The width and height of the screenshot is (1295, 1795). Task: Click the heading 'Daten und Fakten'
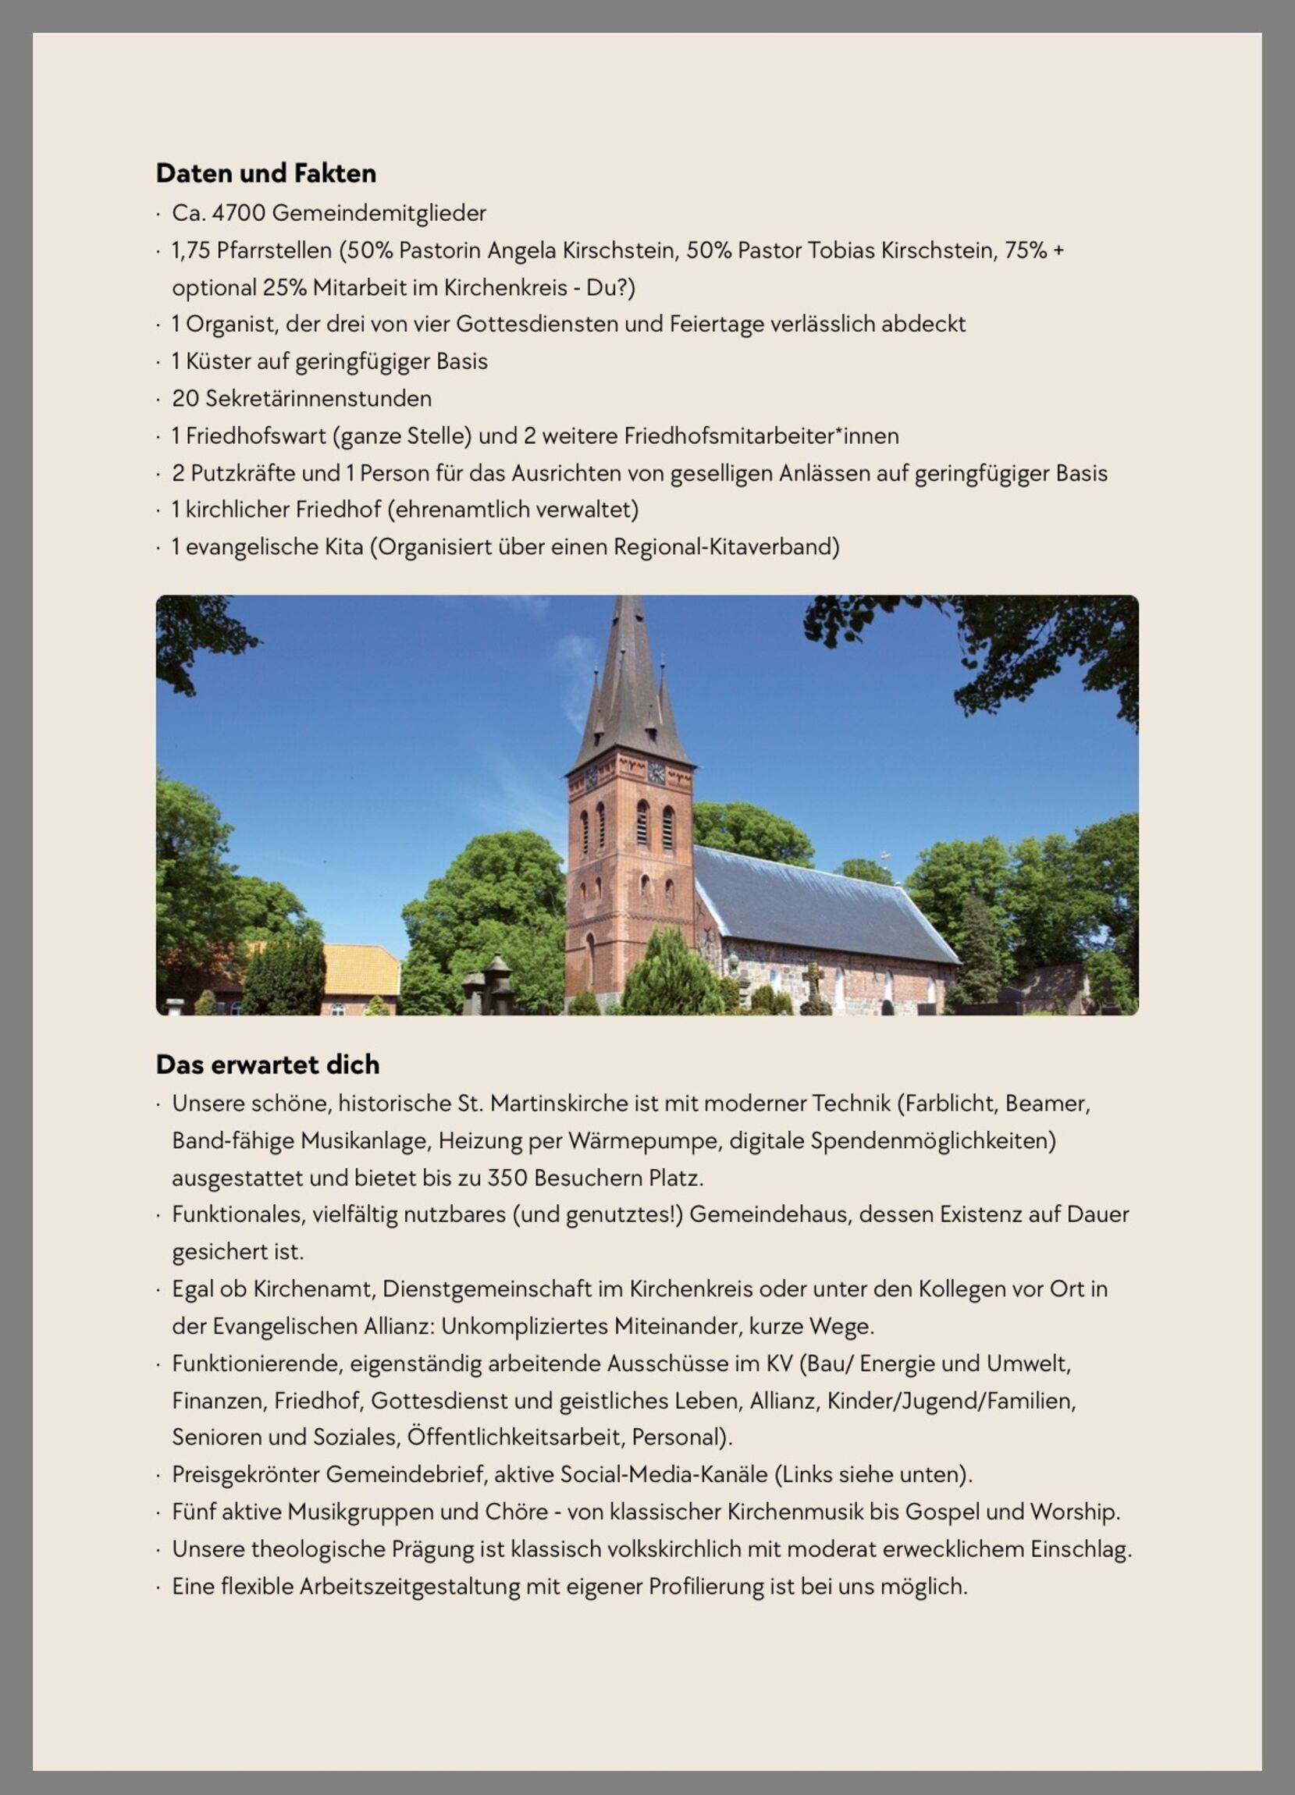tap(266, 173)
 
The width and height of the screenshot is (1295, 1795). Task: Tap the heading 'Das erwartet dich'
tap(268, 1065)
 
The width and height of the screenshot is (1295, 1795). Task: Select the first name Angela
tap(521, 250)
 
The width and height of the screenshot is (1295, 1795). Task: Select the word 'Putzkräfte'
tap(243, 473)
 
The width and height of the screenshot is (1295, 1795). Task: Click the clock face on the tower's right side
tap(656, 773)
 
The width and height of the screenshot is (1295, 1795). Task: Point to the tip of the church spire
tap(629, 600)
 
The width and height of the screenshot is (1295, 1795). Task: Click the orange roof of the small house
tap(360, 969)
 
